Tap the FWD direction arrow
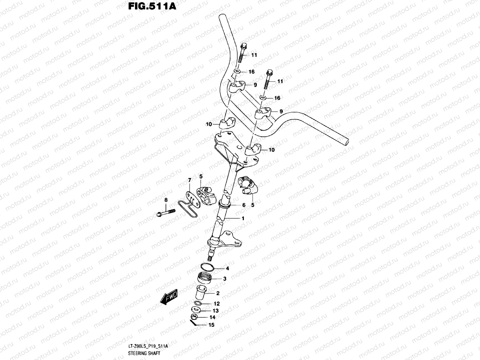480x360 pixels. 169,298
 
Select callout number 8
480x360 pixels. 166,200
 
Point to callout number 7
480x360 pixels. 190,180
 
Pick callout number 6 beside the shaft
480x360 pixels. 244,205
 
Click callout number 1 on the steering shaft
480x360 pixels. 243,219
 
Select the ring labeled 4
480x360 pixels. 207,267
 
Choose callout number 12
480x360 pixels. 217,304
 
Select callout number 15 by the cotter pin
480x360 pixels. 211,325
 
